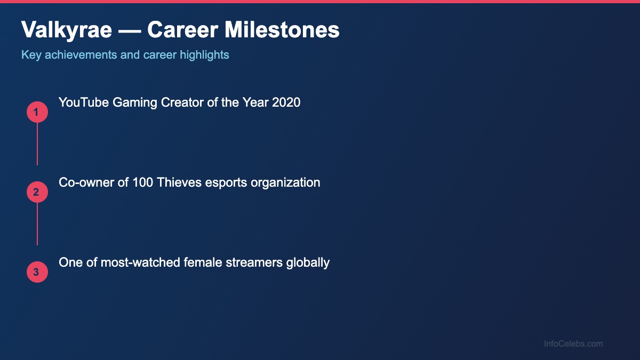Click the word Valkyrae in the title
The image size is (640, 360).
point(67,30)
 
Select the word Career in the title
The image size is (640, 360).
point(182,30)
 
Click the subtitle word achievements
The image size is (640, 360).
point(81,55)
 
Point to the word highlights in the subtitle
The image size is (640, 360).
point(205,55)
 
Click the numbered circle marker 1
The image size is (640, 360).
point(37,113)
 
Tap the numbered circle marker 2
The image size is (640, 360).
point(37,193)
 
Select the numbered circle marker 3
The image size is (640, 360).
point(37,273)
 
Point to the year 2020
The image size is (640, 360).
point(286,102)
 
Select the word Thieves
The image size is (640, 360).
point(177,182)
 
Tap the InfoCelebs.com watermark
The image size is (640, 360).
point(573,344)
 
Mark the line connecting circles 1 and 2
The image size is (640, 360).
point(37,144)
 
